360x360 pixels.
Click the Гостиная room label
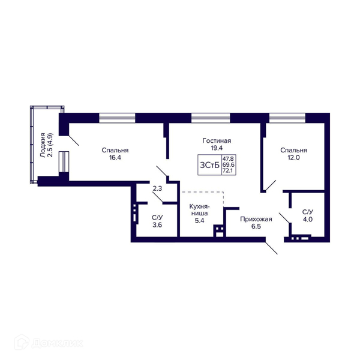coord(217,140)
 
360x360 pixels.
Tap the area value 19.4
coord(217,148)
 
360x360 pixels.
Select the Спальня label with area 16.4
coord(115,151)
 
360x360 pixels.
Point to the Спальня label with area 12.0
coord(293,151)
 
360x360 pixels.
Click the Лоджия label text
coord(43,145)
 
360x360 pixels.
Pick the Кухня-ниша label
coord(199,210)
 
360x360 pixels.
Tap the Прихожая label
coord(256,219)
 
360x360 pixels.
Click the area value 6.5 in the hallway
coord(256,226)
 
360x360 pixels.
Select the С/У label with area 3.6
coord(157,217)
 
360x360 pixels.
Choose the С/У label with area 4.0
coord(308,212)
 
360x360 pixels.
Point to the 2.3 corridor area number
coord(157,188)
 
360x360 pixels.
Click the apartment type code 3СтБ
coord(209,165)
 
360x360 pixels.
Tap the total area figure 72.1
coord(228,171)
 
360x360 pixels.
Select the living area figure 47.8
coord(228,159)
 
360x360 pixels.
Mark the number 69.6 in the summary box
coord(228,165)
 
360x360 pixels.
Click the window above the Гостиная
coord(211,118)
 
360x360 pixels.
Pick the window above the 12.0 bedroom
coord(287,118)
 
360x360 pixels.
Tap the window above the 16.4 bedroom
coord(117,118)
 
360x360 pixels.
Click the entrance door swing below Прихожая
coord(271,248)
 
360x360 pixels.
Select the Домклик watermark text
coord(58,343)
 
